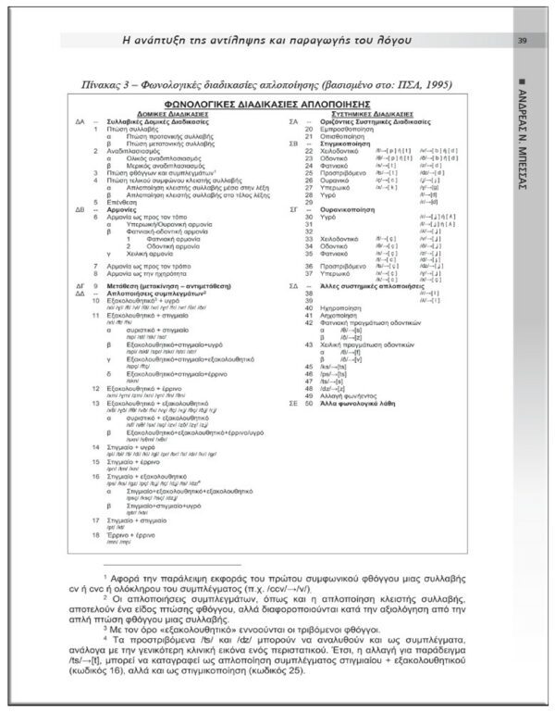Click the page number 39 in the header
pos(523,40)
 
